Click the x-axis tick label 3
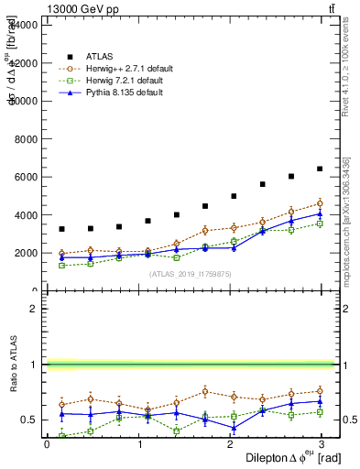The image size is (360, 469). [325, 444]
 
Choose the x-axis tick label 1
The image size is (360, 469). [139, 444]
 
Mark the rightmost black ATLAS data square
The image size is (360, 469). [320, 169]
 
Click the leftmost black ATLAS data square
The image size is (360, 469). [61, 229]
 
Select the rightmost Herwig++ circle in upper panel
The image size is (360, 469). [320, 203]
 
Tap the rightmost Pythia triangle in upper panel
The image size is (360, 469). [320, 213]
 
